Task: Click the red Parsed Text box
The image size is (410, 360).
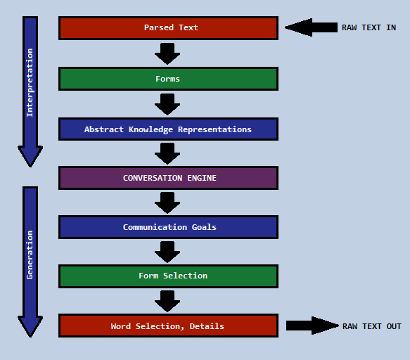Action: coord(168,28)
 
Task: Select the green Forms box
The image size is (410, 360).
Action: coord(168,79)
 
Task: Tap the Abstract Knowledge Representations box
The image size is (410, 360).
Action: coord(168,129)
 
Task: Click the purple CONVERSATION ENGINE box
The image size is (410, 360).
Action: coord(168,178)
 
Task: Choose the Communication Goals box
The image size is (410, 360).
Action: coord(168,227)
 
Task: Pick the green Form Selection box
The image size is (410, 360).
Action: coord(168,276)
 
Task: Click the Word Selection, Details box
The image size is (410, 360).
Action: coord(168,326)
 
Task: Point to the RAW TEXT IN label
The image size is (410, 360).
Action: coord(369,27)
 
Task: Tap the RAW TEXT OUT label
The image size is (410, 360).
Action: coord(372,326)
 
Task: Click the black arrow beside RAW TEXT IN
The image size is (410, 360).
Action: coord(311,27)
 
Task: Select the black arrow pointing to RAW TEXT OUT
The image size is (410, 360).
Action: coord(312,326)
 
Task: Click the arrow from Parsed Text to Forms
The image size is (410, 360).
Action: coord(167,54)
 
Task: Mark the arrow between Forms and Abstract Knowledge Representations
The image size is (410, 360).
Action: coord(167,104)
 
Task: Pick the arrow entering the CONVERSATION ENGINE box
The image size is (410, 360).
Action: coord(167,153)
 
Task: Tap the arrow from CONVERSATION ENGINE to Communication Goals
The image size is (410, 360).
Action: coord(167,203)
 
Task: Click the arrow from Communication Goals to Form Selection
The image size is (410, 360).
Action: coord(167,252)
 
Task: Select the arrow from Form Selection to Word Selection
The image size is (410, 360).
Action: coord(167,301)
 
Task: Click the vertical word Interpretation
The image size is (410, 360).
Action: coord(30,82)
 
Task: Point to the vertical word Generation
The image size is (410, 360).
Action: coord(30,255)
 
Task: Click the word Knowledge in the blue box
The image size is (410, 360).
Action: coord(150,129)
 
